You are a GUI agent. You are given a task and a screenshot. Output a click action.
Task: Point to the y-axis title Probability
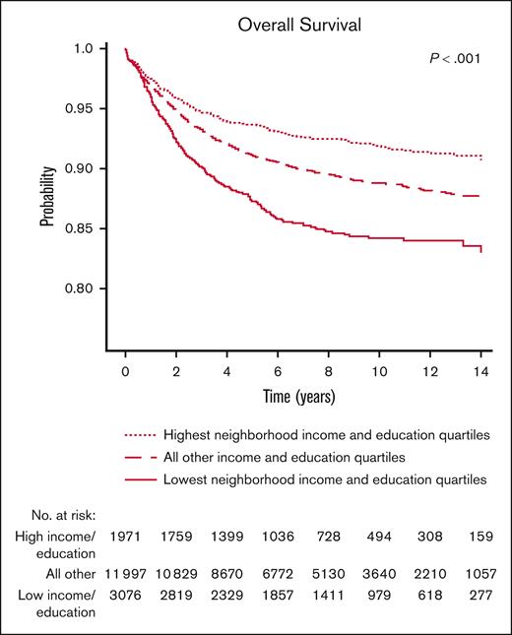tap(46, 196)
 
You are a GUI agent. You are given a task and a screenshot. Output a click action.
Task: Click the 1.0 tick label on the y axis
tap(84, 48)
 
